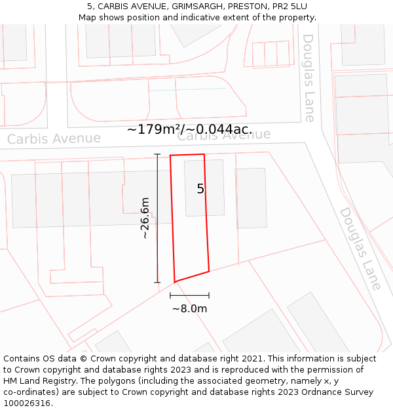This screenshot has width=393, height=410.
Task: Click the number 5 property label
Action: pyautogui.click(x=200, y=189)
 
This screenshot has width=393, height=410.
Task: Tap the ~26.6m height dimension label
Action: pyautogui.click(x=145, y=218)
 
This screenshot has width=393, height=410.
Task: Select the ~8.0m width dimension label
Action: pyautogui.click(x=189, y=309)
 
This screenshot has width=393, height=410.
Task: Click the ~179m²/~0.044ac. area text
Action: pyautogui.click(x=189, y=130)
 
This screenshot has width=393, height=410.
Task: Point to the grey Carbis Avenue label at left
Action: pyautogui.click(x=54, y=139)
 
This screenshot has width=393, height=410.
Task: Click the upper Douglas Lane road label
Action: pyautogui.click(x=309, y=77)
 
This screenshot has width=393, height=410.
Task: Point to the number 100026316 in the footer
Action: pyautogui.click(x=26, y=403)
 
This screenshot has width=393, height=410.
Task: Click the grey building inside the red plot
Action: pyautogui.click(x=204, y=188)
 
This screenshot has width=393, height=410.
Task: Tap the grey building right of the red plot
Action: pyautogui.click(x=252, y=197)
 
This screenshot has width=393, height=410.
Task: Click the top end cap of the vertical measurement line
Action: pyautogui.click(x=157, y=154)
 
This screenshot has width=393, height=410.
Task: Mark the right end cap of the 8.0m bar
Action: pyautogui.click(x=209, y=296)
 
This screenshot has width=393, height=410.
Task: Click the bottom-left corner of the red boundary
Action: pyautogui.click(x=175, y=281)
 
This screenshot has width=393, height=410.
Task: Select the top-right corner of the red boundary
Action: pyautogui.click(x=204, y=155)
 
